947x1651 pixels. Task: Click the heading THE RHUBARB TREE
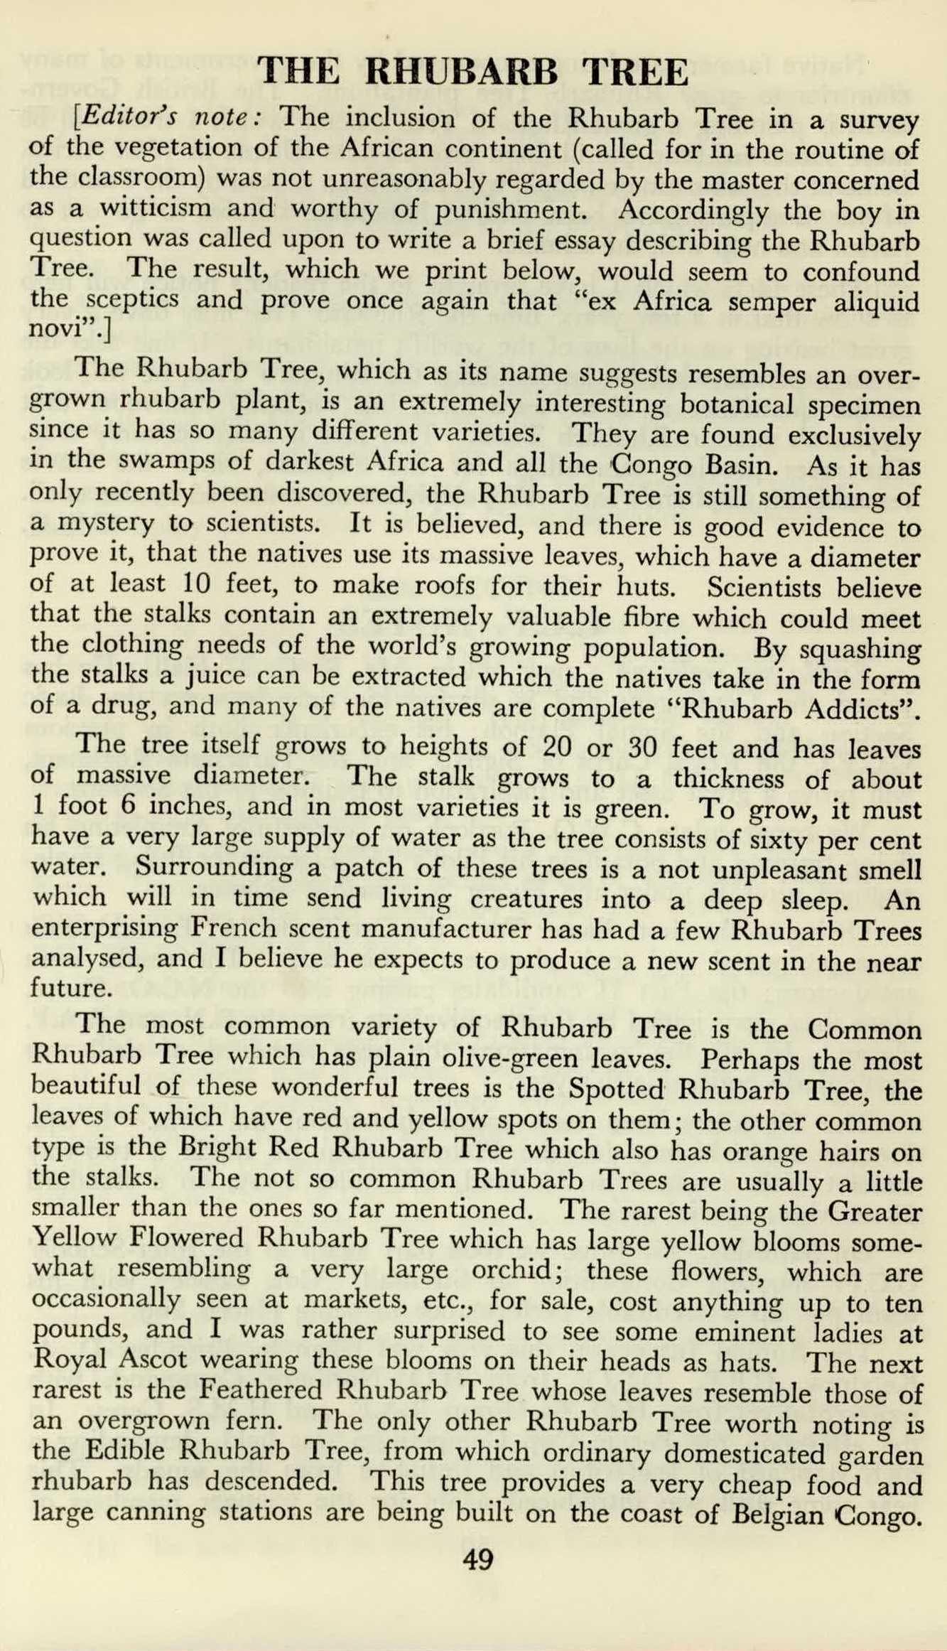[472, 72]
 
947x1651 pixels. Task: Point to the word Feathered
[261, 1390]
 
